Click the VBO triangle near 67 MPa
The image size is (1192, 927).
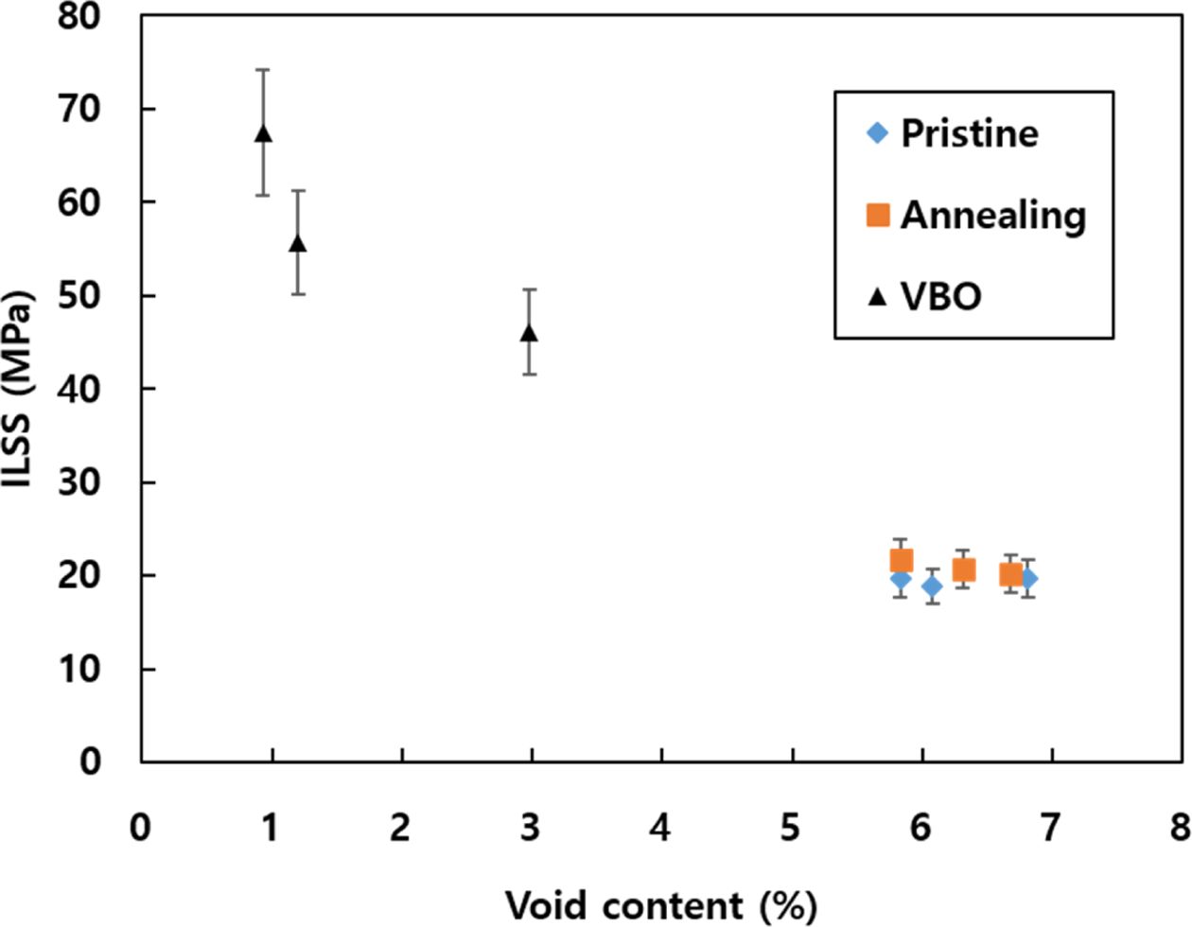coord(263,133)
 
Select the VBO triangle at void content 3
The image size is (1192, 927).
coord(529,333)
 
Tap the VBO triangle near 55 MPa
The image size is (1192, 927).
coord(298,243)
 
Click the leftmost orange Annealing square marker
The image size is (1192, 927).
coord(901,561)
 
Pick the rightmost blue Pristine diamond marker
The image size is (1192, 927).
coord(1028,578)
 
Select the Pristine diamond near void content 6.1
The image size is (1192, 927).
coord(932,586)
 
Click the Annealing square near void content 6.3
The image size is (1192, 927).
coord(963,569)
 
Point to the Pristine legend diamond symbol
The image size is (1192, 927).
coord(878,133)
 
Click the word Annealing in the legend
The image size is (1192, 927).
coord(992,215)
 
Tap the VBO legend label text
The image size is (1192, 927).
coord(941,296)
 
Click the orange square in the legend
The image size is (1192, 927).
coord(878,215)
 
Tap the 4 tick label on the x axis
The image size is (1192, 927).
coord(659,829)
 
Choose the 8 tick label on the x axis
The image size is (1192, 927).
coord(1179,829)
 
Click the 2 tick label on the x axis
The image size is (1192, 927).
coord(400,829)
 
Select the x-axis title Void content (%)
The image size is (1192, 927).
coord(660,904)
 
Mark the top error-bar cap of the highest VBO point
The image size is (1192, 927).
coord(263,70)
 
